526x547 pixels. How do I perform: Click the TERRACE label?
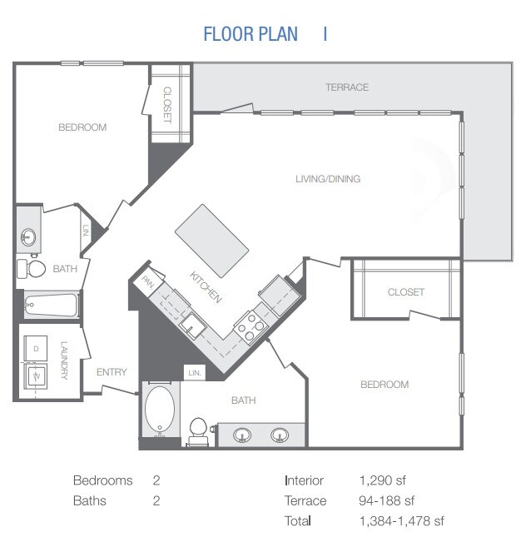pos(347,87)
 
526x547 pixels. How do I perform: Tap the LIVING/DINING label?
pos(328,179)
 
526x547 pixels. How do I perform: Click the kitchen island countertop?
pos(211,241)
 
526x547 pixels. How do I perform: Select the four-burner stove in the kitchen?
pos(251,326)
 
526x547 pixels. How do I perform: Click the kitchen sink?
pos(192,326)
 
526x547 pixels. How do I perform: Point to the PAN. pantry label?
pos(148,282)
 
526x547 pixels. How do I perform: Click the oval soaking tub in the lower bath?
pos(160,409)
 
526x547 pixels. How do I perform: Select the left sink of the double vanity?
pos(242,435)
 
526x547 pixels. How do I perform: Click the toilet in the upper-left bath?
pos(32,269)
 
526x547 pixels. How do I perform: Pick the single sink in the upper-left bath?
pos(28,237)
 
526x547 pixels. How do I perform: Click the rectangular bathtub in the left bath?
pos(52,306)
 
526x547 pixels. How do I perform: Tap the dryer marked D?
pos(36,349)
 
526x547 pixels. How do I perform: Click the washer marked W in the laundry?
pos(36,376)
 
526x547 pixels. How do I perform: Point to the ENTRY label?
pos(112,372)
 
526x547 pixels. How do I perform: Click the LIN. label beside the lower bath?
pos(195,373)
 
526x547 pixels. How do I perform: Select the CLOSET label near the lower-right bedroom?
pos(406,292)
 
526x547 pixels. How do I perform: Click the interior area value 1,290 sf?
pos(383,480)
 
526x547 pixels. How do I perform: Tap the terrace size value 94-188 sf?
pos(386,501)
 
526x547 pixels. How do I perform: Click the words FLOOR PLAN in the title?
pos(251,34)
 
